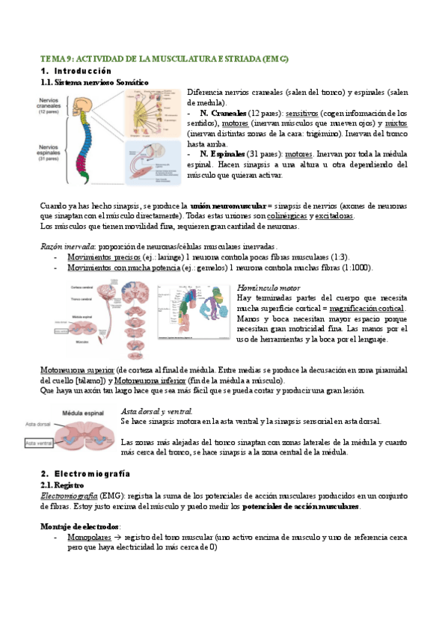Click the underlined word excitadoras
(334, 216)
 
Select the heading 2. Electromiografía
(85, 474)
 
